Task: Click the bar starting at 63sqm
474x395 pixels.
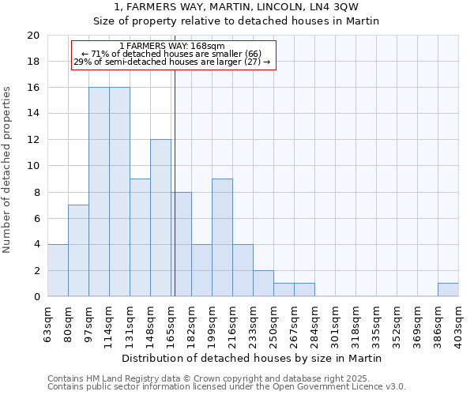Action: coord(58,270)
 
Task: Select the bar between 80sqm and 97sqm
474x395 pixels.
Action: coord(78,250)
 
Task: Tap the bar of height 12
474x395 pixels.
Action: coord(160,218)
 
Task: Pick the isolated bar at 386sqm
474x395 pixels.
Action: coord(448,290)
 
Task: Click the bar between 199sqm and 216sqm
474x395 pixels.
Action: coord(222,238)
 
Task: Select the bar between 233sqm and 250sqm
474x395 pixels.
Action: coord(263,284)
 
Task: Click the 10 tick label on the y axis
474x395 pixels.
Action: coord(32,166)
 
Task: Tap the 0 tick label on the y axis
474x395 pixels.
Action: coord(36,297)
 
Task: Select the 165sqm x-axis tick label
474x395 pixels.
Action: coord(171,322)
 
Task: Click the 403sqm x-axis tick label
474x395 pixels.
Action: coord(458,322)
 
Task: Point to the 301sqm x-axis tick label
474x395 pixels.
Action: coord(335,322)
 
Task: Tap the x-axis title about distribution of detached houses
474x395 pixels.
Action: coord(253,358)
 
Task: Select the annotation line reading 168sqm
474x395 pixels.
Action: coord(172,46)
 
